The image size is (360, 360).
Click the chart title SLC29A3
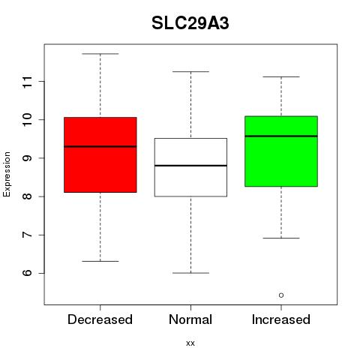[x=190, y=23]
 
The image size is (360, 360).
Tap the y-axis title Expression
[x=7, y=174]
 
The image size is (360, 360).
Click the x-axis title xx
[x=190, y=343]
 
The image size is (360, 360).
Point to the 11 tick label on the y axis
[x=28, y=82]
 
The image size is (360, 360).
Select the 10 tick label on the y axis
[x=28, y=120]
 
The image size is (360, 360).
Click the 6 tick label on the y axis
[x=28, y=273]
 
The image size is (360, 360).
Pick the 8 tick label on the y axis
[x=28, y=196]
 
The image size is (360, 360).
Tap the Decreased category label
[x=100, y=319]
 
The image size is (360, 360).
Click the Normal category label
[x=190, y=319]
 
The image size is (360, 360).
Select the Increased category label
[x=281, y=319]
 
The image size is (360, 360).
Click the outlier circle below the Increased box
[x=281, y=295]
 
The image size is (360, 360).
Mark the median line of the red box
[x=100, y=146]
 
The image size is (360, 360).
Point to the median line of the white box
[x=190, y=166]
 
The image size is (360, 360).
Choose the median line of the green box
[x=281, y=136]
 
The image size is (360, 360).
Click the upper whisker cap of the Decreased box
[x=100, y=54]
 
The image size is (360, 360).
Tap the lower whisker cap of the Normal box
[x=190, y=273]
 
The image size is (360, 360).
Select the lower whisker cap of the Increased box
[x=281, y=238]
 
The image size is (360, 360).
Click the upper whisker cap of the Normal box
[x=190, y=72]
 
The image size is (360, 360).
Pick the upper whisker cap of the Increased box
[x=281, y=76]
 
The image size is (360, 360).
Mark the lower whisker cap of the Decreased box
[x=100, y=261]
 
